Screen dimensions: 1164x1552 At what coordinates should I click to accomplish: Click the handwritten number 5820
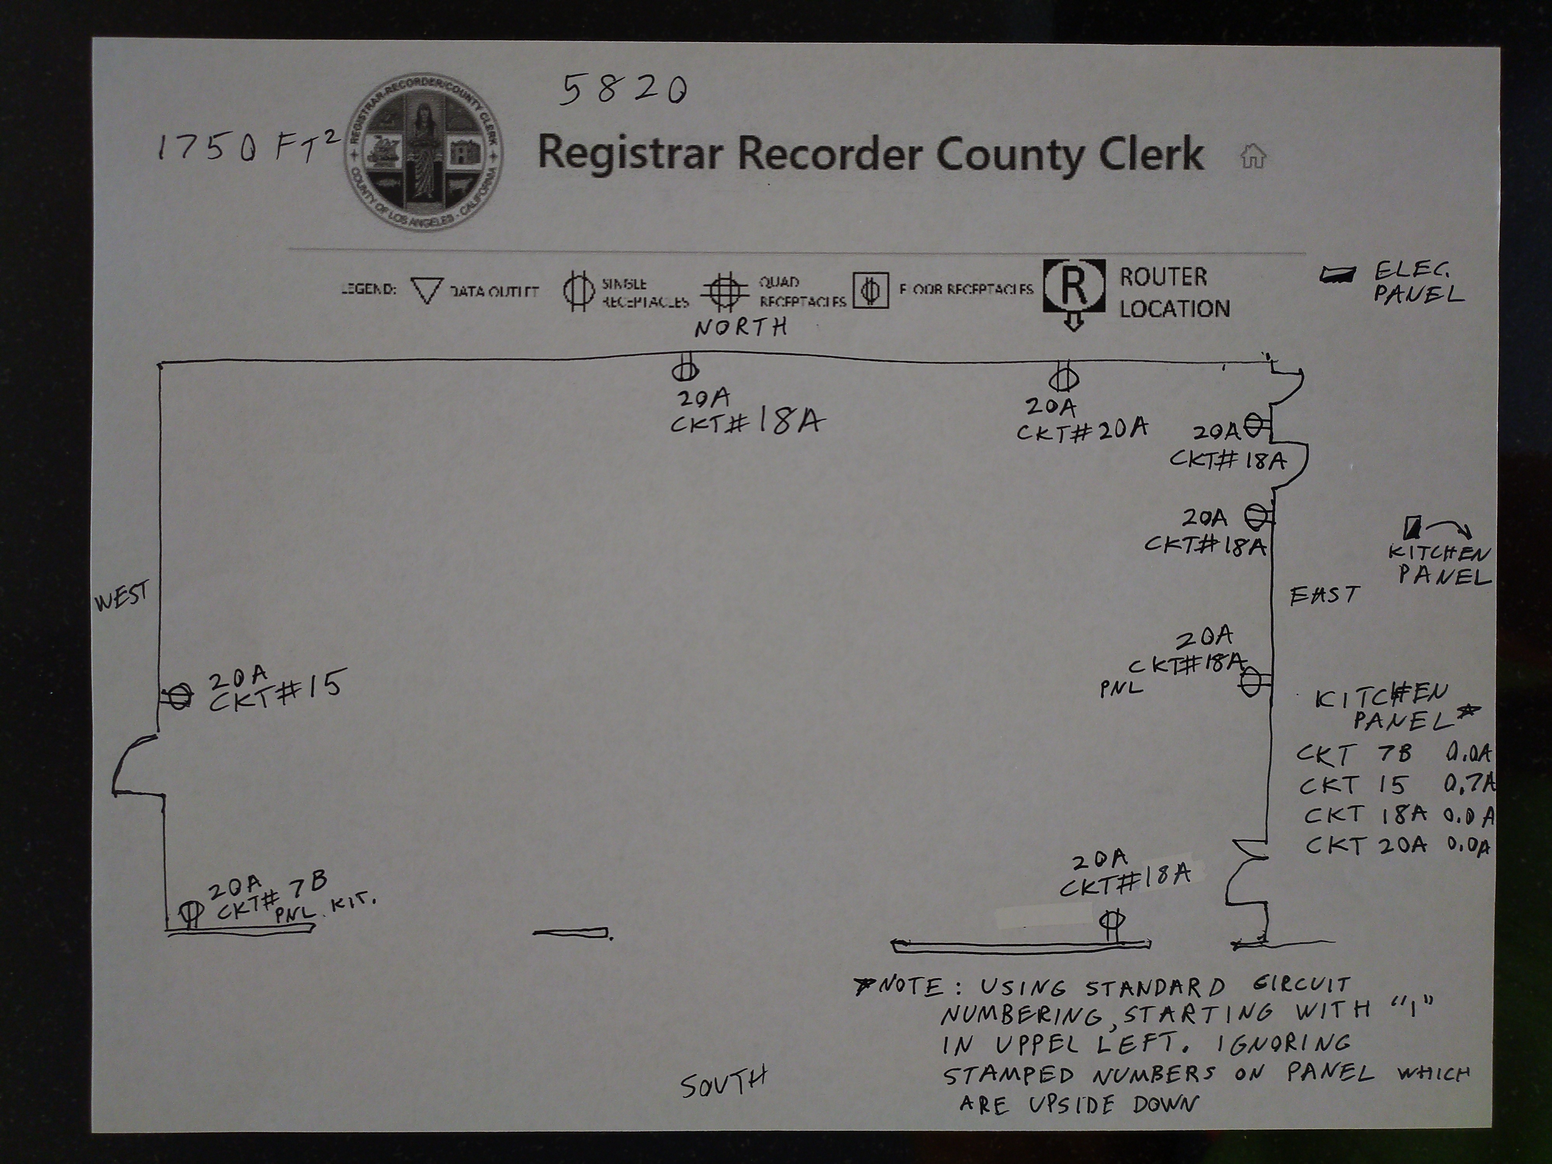[x=623, y=90]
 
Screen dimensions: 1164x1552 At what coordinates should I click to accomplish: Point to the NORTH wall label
[x=741, y=327]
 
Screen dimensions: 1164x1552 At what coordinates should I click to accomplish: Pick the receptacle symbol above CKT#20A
[x=1064, y=378]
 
